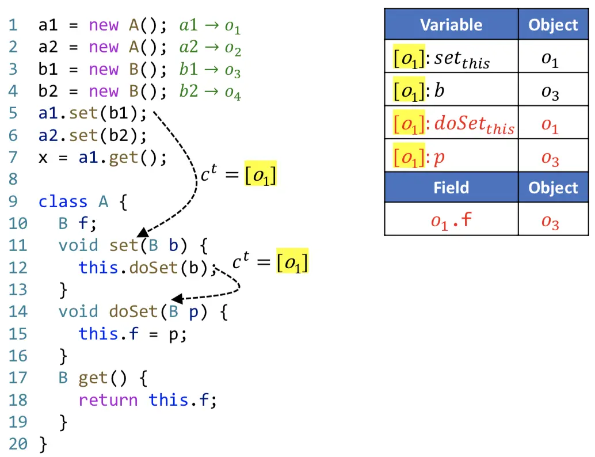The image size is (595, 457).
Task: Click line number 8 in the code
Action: pyautogui.click(x=13, y=180)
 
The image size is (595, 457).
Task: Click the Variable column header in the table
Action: pyautogui.click(x=451, y=25)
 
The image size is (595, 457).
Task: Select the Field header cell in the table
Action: pyautogui.click(x=451, y=188)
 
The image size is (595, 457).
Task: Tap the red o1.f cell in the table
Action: pyautogui.click(x=451, y=220)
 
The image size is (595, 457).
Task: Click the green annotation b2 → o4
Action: pyautogui.click(x=209, y=92)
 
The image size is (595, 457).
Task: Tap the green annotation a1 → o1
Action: pyautogui.click(x=209, y=26)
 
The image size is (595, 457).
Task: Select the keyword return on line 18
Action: pyautogui.click(x=108, y=400)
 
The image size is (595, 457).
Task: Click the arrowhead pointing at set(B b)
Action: pyautogui.click(x=143, y=233)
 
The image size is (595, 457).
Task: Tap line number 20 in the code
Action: pyautogui.click(x=17, y=444)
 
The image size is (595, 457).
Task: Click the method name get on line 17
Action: pyautogui.click(x=93, y=378)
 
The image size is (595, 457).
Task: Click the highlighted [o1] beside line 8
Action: pyautogui.click(x=261, y=174)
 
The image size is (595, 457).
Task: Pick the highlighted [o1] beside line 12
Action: pyautogui.click(x=292, y=262)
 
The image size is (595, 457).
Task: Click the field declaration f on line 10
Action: pyautogui.click(x=82, y=224)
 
